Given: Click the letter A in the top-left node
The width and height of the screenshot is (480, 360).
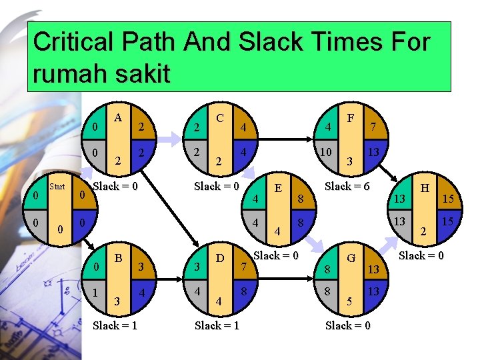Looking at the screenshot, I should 118,118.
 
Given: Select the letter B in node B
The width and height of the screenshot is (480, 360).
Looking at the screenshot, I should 118,257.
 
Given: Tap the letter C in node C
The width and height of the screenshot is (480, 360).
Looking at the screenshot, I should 219,118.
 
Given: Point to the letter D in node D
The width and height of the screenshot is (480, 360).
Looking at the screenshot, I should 219,257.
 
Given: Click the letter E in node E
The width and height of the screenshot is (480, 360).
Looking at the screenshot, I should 278,187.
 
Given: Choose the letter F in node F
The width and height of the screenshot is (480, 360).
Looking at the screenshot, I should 349,118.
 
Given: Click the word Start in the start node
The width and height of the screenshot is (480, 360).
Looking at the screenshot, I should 58,187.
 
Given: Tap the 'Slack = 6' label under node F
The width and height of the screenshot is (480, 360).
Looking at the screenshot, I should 347,186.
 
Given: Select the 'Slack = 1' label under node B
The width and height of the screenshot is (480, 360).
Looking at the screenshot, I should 116,325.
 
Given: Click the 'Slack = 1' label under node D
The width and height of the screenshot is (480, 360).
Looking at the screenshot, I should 217,325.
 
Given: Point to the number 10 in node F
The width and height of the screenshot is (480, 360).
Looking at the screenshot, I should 326,153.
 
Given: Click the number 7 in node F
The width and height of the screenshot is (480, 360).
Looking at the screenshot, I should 374,127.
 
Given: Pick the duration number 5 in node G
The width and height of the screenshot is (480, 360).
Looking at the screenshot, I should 348,301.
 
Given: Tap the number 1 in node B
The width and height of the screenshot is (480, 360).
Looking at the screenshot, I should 97,292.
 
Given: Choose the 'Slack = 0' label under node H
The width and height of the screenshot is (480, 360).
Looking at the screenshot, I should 422,255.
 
